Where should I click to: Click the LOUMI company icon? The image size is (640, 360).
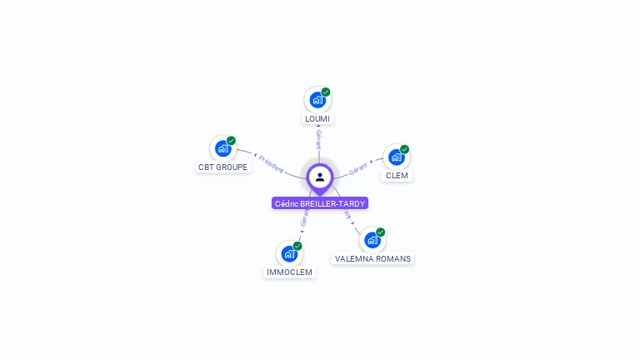click(317, 100)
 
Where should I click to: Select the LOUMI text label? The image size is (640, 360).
click(317, 119)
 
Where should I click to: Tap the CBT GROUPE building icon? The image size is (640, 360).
click(222, 148)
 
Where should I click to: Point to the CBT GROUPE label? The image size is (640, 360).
click(222, 167)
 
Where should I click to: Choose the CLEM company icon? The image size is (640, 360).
click(396, 157)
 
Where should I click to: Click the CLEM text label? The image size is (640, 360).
click(397, 176)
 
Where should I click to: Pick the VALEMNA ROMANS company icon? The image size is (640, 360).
click(372, 240)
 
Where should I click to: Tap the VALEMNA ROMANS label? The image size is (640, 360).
click(372, 259)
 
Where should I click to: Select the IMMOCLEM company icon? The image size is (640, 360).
click(288, 253)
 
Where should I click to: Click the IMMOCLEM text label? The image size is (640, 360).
click(289, 272)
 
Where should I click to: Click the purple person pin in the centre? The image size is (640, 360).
click(320, 177)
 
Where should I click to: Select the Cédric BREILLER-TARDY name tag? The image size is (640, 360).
click(320, 203)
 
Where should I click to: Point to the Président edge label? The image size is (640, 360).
click(270, 163)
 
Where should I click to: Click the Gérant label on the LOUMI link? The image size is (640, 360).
click(318, 139)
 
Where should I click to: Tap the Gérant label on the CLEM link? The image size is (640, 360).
click(358, 167)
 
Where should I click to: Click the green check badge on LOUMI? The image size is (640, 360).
click(326, 92)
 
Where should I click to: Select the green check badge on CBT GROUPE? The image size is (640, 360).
click(232, 141)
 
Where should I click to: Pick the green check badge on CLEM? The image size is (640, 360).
click(405, 149)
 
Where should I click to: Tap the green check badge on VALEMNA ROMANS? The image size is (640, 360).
click(381, 232)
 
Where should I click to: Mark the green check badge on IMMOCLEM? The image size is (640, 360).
click(297, 246)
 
